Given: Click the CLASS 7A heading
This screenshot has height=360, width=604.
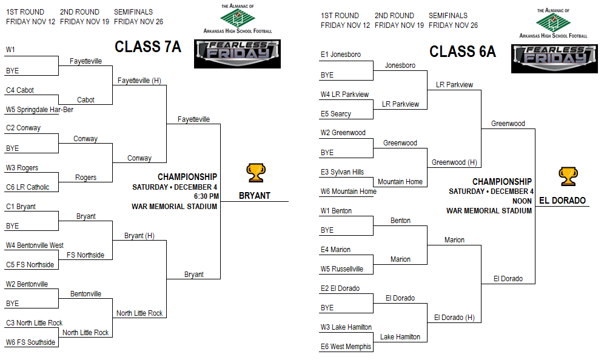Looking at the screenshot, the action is pyautogui.click(x=148, y=47).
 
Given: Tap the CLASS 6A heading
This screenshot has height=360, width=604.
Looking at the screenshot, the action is pyautogui.click(x=463, y=52).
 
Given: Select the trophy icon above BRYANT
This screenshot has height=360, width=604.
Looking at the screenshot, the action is pyautogui.click(x=256, y=173).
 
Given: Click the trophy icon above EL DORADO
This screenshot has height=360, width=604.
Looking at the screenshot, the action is pyautogui.click(x=568, y=177).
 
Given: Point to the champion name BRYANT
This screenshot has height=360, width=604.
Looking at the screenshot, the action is pyautogui.click(x=255, y=196).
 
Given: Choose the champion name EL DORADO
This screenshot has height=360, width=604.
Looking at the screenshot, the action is pyautogui.click(x=562, y=200).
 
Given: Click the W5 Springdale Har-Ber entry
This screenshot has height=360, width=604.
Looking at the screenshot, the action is pyautogui.click(x=39, y=110).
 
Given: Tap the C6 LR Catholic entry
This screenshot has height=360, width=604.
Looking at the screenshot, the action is pyautogui.click(x=28, y=187).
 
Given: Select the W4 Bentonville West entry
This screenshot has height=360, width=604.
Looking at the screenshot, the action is pyautogui.click(x=35, y=245).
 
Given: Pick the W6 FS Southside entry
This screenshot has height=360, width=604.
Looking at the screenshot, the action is pyautogui.click(x=30, y=342).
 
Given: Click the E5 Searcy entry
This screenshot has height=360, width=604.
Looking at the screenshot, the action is pyautogui.click(x=336, y=114).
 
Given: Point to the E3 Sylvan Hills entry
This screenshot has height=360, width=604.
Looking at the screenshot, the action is pyautogui.click(x=343, y=172).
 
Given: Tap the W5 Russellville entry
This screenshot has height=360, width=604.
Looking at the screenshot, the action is pyautogui.click(x=342, y=269).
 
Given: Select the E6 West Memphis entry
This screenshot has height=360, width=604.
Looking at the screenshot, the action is pyautogui.click(x=346, y=347).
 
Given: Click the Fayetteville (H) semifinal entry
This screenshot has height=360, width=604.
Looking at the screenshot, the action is pyautogui.click(x=139, y=81).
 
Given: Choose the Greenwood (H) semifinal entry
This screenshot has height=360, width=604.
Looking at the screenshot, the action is pyautogui.click(x=455, y=162).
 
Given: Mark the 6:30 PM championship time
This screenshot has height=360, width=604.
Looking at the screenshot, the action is pyautogui.click(x=206, y=196).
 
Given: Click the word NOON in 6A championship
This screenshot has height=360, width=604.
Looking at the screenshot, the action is pyautogui.click(x=522, y=201).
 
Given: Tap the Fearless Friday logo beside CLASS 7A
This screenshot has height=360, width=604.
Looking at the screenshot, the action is pyautogui.click(x=237, y=54).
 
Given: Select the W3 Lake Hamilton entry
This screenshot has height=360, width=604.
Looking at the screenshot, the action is pyautogui.click(x=346, y=327).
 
